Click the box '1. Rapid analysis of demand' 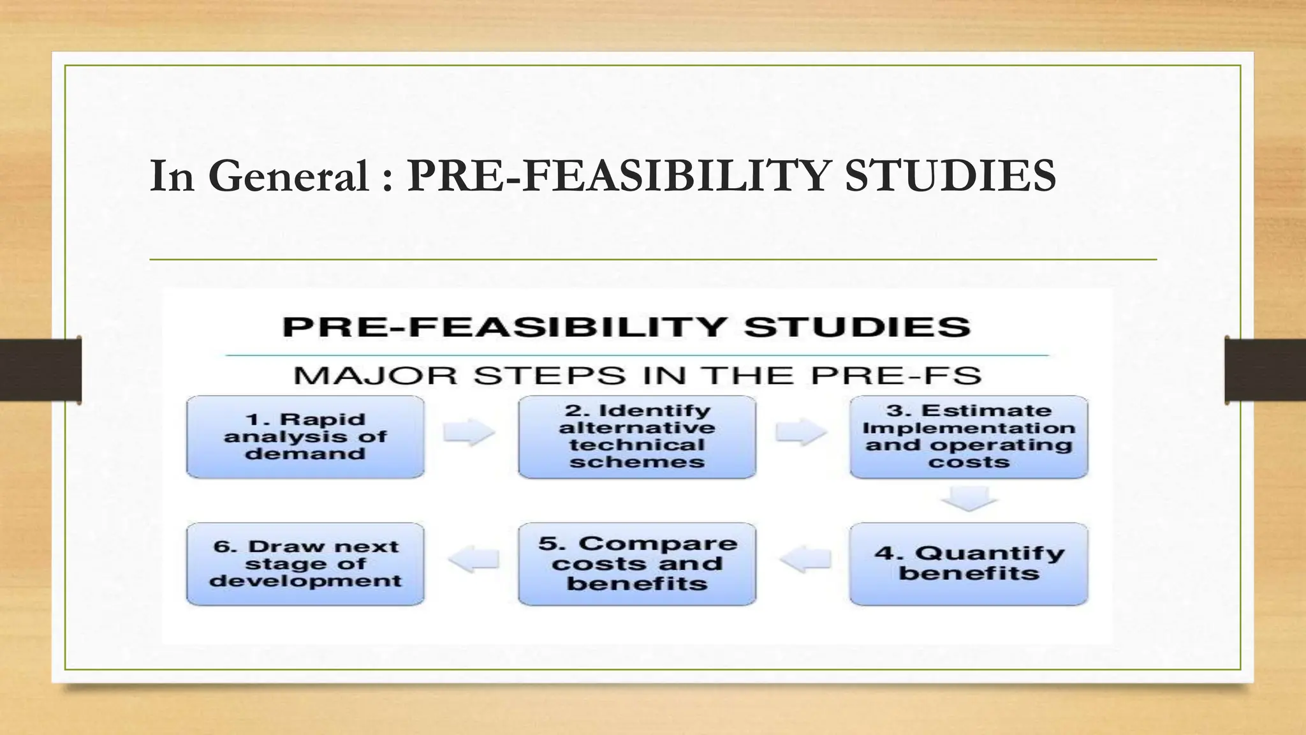(x=305, y=437)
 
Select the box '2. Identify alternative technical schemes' (x=636, y=437)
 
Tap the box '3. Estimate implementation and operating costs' (x=968, y=437)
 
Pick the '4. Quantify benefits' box (x=968, y=564)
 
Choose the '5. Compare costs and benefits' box (x=636, y=564)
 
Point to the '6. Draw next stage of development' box (x=305, y=564)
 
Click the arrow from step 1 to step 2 (x=469, y=433)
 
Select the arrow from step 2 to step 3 (x=801, y=433)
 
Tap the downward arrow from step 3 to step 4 (x=969, y=498)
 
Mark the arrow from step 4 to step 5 (x=805, y=560)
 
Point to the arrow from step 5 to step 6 (x=473, y=560)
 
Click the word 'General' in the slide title (x=288, y=176)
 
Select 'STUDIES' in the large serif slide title (x=950, y=176)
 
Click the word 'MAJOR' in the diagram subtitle (x=375, y=376)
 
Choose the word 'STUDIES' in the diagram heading (x=857, y=327)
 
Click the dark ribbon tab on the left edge (x=40, y=370)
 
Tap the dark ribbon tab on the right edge (x=1265, y=370)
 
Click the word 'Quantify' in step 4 (x=990, y=553)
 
